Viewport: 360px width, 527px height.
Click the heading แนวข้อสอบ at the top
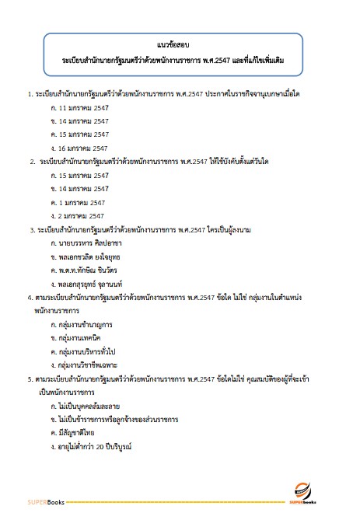[x=180, y=46]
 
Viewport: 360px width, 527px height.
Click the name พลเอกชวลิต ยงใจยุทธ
[x=90, y=257]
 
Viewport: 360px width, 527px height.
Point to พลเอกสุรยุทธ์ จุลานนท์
[x=93, y=283]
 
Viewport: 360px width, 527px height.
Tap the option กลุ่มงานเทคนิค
[x=80, y=338]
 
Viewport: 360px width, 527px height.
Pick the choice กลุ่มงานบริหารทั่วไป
[x=87, y=351]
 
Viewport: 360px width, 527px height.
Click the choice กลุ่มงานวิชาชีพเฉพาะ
[x=88, y=364]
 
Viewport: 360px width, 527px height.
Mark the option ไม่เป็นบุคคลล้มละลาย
[x=88, y=406]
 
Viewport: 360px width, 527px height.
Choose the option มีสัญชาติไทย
[x=76, y=433]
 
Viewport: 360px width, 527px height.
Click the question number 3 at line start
[x=30, y=230]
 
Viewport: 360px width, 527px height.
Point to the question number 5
[x=28, y=379]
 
